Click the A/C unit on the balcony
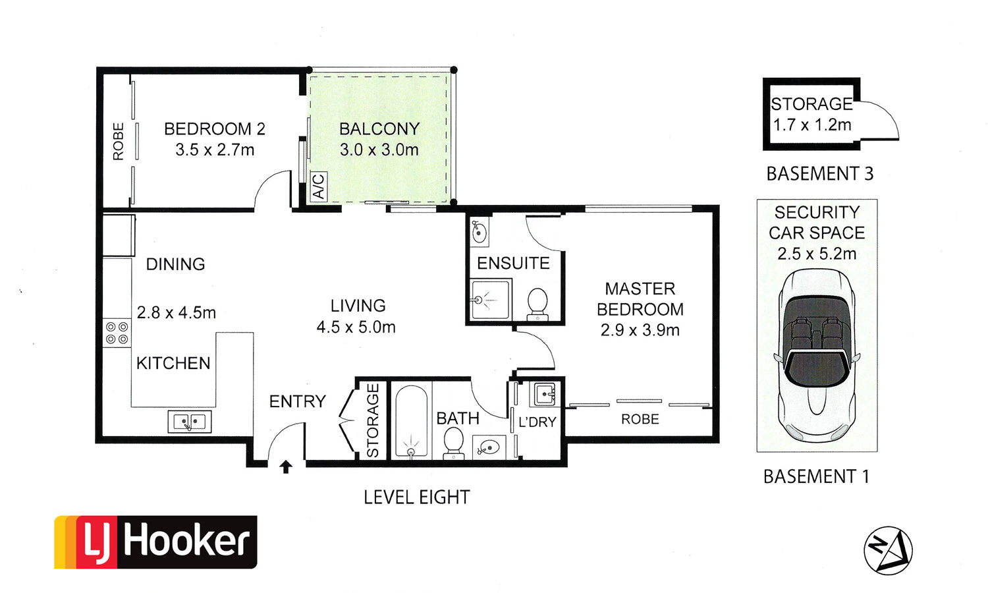[x=318, y=186]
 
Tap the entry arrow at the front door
[x=286, y=466]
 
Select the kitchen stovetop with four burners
[x=117, y=333]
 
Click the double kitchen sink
[x=190, y=422]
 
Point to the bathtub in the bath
[x=411, y=420]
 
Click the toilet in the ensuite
[x=537, y=304]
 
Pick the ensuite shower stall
[x=491, y=299]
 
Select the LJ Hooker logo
[x=155, y=542]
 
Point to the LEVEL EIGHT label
[x=417, y=497]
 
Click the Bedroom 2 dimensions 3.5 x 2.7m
[x=215, y=150]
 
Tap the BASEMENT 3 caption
[x=820, y=173]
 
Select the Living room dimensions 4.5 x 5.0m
[x=356, y=327]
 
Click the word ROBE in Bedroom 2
[x=118, y=141]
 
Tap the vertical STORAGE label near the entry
[x=373, y=420]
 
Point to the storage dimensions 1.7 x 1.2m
[x=812, y=125]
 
